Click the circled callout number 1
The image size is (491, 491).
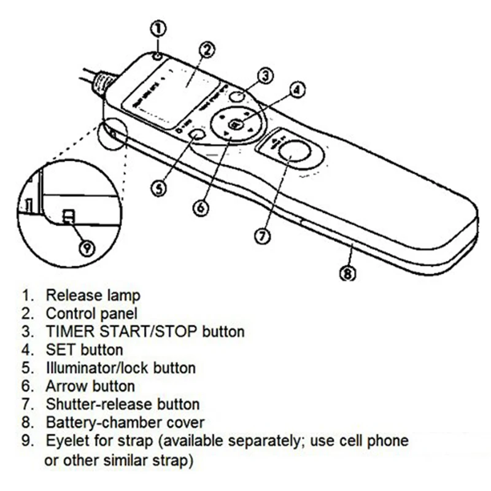pos(158,28)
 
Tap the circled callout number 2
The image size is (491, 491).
pos(207,50)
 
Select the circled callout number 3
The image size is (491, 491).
pos(265,75)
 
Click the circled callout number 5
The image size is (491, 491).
pos(159,188)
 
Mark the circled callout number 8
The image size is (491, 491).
pos(347,274)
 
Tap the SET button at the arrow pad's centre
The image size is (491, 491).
pos(235,124)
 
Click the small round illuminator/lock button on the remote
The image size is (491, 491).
pos(196,135)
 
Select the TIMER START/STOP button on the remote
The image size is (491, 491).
pos(237,96)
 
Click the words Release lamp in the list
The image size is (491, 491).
pos(93,296)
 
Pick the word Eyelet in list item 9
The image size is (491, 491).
pos(64,441)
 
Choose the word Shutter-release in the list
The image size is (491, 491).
pos(92,404)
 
